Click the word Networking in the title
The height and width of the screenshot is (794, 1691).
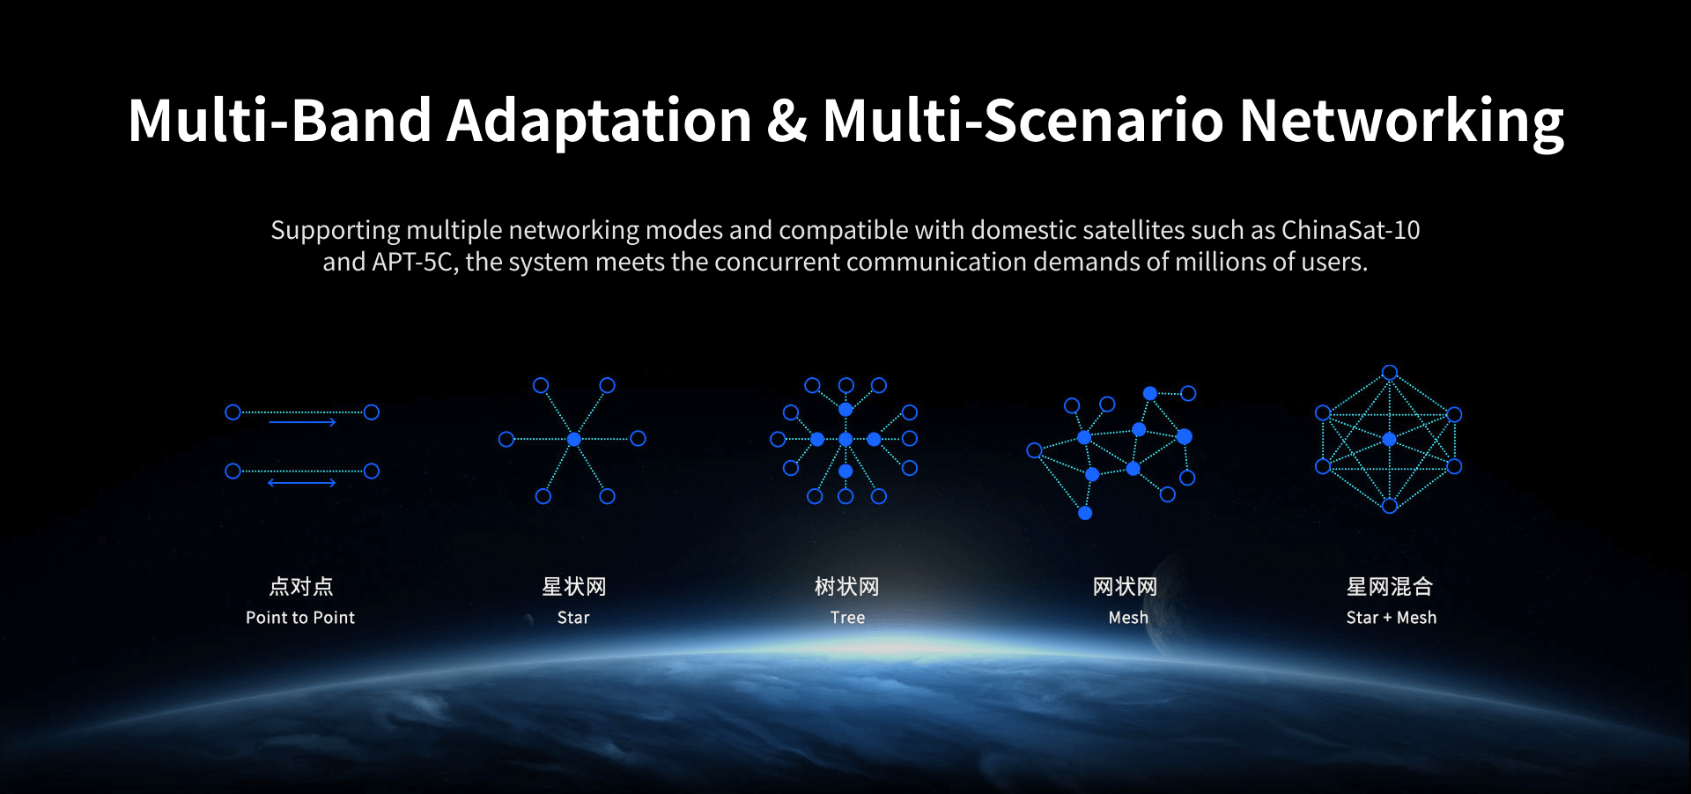(x=1401, y=121)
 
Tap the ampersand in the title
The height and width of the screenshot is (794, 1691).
(x=786, y=121)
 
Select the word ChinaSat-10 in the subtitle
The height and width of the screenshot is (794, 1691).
(x=1350, y=230)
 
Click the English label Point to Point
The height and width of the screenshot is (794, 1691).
(x=300, y=618)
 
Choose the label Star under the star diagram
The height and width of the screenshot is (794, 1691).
(x=573, y=618)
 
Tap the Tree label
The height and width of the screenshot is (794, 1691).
(x=847, y=618)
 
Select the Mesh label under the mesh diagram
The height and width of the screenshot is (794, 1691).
(x=1128, y=618)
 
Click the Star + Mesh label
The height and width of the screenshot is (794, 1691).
(x=1392, y=618)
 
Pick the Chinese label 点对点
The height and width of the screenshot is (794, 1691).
(x=301, y=587)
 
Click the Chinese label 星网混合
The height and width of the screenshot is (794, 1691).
(x=1390, y=587)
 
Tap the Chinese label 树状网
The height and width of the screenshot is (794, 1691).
(x=846, y=587)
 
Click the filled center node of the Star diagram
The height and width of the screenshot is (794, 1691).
(x=573, y=439)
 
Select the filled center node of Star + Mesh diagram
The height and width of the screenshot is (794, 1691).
(x=1389, y=439)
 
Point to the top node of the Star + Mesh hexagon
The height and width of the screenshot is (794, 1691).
(x=1390, y=372)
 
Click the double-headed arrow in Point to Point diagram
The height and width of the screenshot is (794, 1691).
(x=302, y=483)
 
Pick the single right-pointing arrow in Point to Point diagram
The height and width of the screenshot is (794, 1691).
(x=302, y=422)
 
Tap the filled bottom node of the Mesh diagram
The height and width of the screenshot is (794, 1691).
(x=1085, y=513)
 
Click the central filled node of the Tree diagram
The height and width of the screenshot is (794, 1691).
(x=845, y=439)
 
